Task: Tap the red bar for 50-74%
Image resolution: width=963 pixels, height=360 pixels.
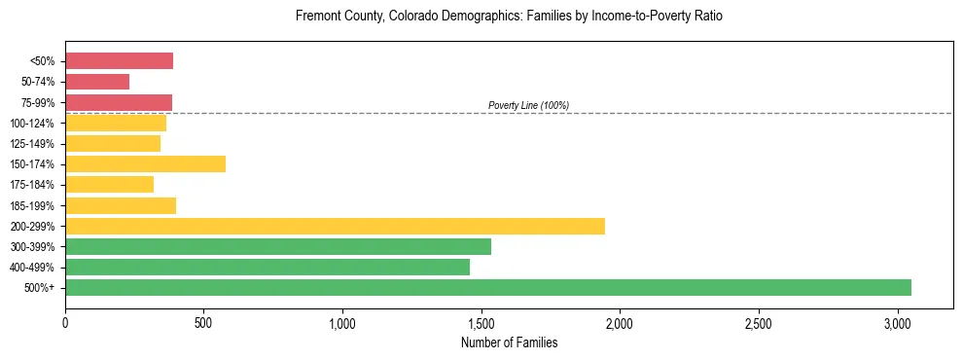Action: tap(97, 82)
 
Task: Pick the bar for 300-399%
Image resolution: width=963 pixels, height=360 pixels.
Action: tap(278, 246)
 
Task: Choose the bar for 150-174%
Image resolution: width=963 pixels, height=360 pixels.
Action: tap(145, 163)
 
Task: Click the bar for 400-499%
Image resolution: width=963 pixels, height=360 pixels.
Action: tap(267, 267)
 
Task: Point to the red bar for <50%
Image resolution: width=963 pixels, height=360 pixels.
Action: tap(119, 61)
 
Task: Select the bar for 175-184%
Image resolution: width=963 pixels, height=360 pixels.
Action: tap(109, 184)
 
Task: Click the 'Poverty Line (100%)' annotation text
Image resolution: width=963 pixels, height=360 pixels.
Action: tap(528, 105)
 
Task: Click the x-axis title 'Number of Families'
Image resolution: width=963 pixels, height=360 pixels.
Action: tap(509, 342)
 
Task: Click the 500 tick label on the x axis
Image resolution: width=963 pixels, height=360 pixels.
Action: tap(203, 323)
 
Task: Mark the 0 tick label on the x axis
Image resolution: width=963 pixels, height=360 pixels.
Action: tap(65, 323)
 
